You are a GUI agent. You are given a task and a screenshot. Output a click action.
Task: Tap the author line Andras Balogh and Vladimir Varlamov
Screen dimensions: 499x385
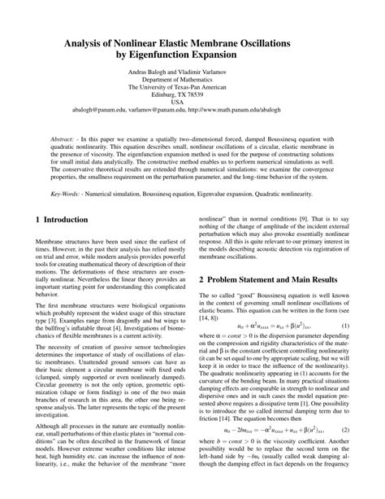click(x=192, y=72)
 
